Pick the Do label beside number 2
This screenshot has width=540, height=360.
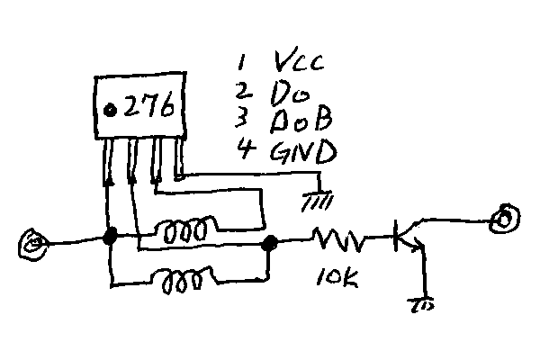(x=285, y=92)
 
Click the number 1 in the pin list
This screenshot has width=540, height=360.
(x=241, y=62)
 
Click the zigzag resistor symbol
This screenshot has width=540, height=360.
(x=340, y=240)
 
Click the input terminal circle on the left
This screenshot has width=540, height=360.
(x=33, y=243)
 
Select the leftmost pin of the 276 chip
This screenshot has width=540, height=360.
(x=109, y=157)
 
